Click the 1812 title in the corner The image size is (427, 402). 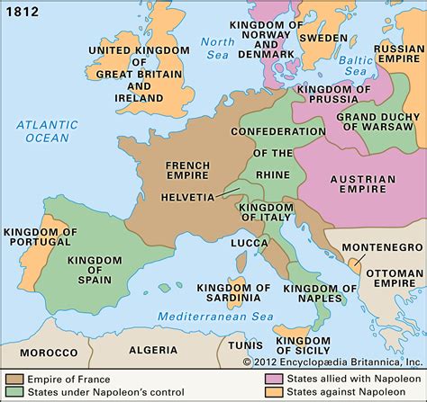(21, 11)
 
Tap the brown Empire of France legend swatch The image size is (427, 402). (15, 378)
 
